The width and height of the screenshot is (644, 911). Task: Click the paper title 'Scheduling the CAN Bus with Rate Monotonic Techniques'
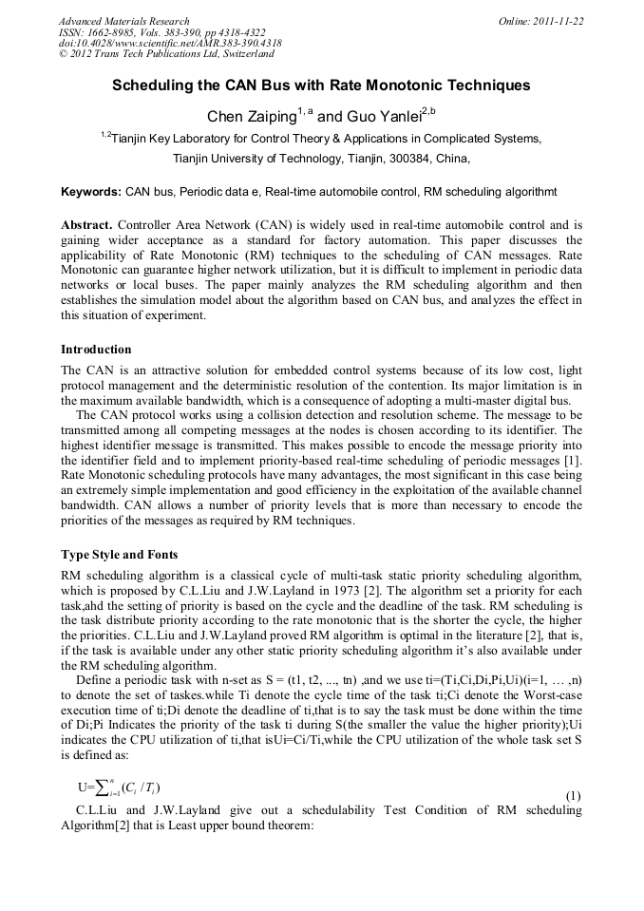tap(321, 85)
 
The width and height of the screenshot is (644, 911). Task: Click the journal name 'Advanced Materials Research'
tap(124, 21)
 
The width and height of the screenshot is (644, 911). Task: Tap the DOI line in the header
tap(170, 44)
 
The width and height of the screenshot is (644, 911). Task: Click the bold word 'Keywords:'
tap(91, 192)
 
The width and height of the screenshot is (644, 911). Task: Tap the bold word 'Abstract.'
tap(87, 225)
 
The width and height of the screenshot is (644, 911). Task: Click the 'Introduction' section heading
tap(96, 350)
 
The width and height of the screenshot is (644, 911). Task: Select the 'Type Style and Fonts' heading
tap(119, 554)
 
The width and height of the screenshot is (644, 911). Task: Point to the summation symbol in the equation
tap(101, 788)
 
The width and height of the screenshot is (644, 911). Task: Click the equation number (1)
tap(573, 794)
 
